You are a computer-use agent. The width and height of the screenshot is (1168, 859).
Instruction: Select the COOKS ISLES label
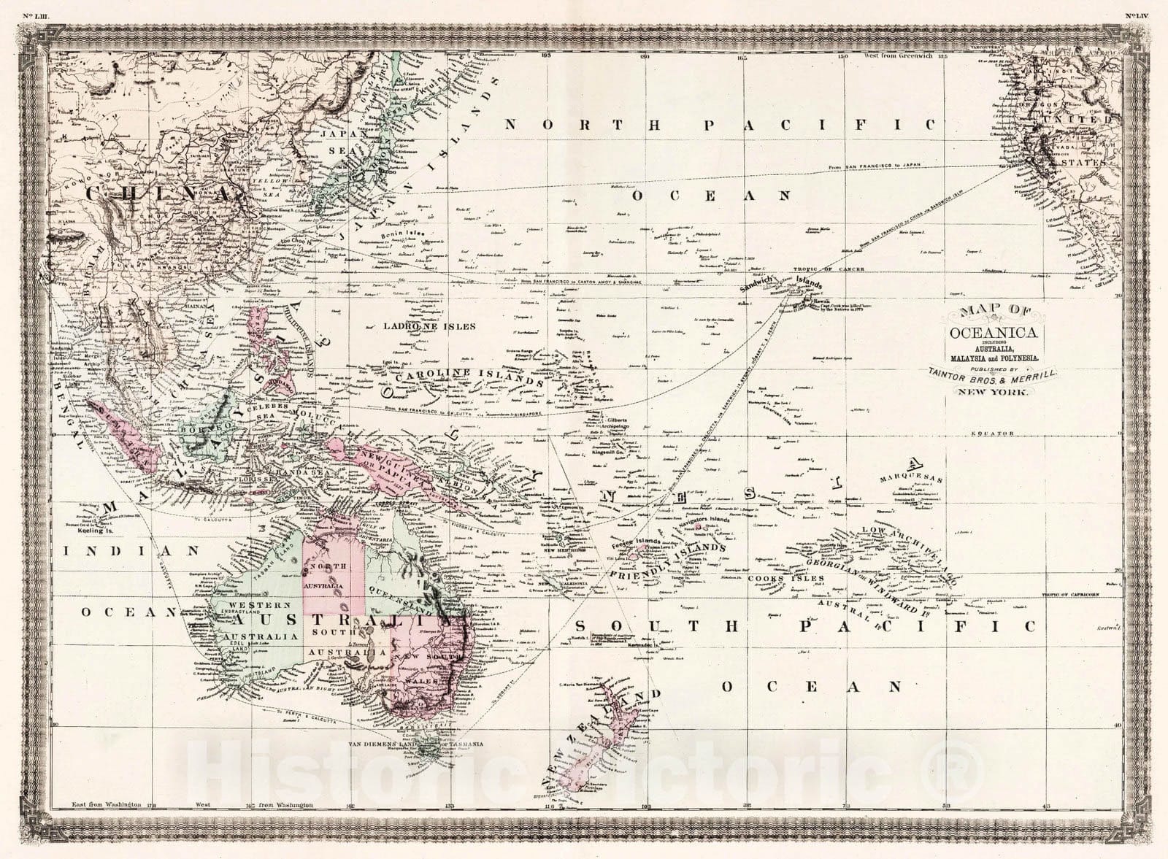pyautogui.click(x=785, y=579)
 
